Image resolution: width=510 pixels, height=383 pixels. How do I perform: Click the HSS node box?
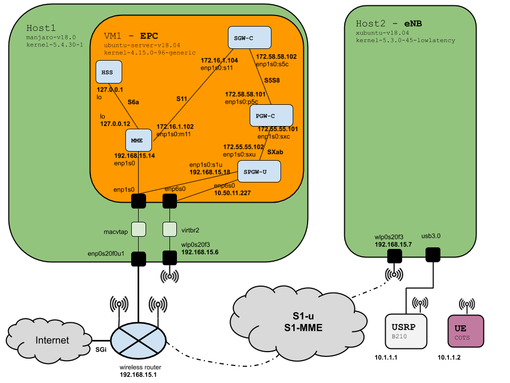point(109,71)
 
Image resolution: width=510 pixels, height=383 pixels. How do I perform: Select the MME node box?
point(139,140)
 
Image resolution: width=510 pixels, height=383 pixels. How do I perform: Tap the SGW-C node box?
point(249,37)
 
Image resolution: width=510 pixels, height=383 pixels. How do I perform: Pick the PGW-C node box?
point(271,115)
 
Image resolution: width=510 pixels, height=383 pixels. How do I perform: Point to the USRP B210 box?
point(406,331)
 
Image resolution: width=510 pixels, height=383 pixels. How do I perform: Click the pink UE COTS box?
point(466,331)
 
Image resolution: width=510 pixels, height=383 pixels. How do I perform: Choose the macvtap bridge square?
point(139,229)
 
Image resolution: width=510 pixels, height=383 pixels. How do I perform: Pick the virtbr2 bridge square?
point(169,229)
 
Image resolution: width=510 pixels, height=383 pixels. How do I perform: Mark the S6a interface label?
point(134,102)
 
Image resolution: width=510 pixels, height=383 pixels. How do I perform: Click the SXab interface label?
point(275,152)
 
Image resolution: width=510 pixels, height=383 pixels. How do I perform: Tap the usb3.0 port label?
point(431,235)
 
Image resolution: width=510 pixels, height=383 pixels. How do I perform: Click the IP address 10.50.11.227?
point(232,193)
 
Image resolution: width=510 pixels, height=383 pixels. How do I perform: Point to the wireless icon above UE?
point(467,306)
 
